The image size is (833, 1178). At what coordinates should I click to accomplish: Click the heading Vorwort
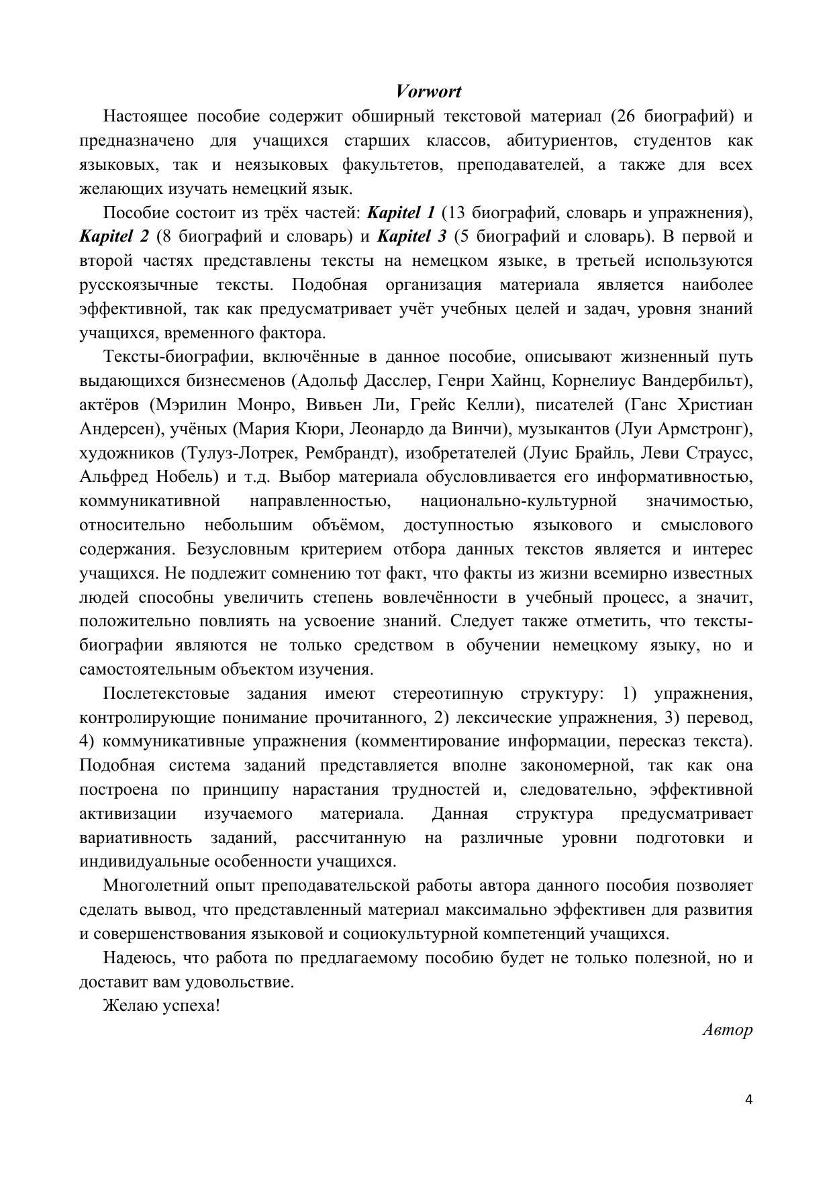(x=428, y=91)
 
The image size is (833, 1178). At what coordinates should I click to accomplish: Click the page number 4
(x=748, y=1099)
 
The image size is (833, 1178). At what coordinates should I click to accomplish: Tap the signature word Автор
(x=727, y=1030)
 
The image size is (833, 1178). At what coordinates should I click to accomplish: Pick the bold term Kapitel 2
(x=113, y=237)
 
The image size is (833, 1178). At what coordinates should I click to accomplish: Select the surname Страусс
(x=720, y=453)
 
